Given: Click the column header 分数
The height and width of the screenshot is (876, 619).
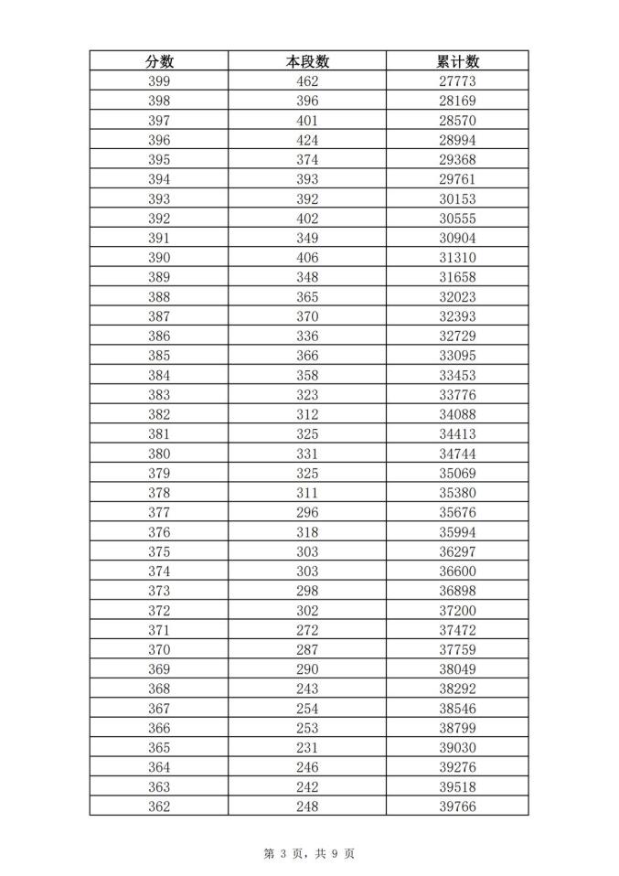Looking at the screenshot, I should (x=159, y=61).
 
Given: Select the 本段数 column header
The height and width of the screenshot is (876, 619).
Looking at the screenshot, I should (x=307, y=61).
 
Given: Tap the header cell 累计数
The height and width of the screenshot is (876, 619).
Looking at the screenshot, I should (x=457, y=61).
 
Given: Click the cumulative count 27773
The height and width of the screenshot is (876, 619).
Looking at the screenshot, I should (x=457, y=81).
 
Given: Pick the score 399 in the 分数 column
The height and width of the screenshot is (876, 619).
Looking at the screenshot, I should (x=159, y=81).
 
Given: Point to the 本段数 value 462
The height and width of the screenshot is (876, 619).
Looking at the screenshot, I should (x=307, y=81).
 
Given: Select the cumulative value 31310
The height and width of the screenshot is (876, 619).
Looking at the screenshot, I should (x=457, y=258).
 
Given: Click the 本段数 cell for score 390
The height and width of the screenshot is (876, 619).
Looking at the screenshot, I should (x=307, y=258).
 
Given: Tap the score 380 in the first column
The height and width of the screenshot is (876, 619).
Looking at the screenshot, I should (x=159, y=454).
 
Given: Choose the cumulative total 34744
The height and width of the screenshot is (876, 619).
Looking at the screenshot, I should (x=457, y=454).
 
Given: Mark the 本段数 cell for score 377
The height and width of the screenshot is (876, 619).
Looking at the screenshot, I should (x=307, y=512).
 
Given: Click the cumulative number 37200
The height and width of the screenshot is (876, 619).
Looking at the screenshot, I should (x=457, y=610).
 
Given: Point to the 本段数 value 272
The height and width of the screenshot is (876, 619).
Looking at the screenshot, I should (x=307, y=630).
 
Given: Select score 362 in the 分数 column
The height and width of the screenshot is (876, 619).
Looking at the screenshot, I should (x=159, y=806).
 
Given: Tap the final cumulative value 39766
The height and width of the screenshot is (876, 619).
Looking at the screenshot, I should (x=457, y=806).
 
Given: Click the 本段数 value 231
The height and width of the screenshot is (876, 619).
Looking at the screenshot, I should (x=307, y=747).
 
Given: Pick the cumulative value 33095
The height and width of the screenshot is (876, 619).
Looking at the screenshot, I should (x=457, y=356).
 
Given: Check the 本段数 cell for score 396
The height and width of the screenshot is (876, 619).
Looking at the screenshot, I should (x=307, y=140).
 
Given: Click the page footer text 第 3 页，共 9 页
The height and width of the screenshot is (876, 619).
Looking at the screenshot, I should (x=309, y=853).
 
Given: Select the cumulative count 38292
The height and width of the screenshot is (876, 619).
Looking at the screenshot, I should (x=457, y=689).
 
